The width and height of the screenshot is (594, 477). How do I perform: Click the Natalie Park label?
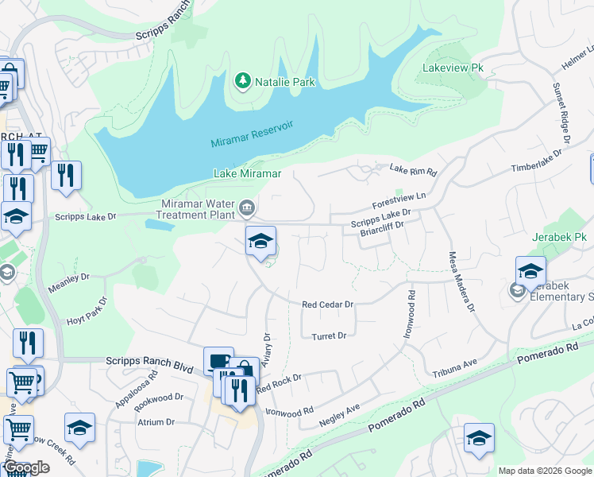point(285,82)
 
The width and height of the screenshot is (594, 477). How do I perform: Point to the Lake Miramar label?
point(248,173)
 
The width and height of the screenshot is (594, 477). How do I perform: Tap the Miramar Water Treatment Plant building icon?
point(248,208)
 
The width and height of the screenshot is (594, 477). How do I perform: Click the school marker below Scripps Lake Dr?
point(260,242)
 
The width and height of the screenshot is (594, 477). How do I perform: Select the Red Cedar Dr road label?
point(327,304)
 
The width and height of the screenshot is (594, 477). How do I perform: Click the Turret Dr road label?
point(329,335)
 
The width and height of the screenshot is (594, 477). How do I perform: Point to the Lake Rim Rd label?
point(413,170)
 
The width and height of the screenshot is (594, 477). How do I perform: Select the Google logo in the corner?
point(27,467)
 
